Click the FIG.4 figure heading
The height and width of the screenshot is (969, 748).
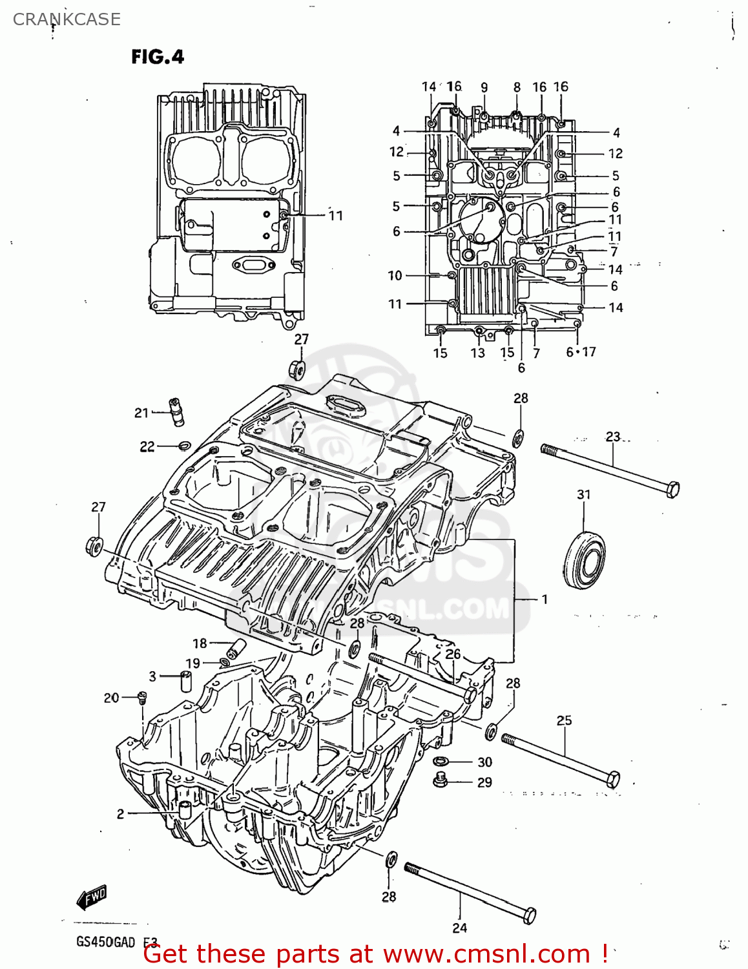click(x=158, y=57)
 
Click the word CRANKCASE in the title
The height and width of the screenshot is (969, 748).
click(x=67, y=19)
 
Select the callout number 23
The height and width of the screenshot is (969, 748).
click(x=612, y=437)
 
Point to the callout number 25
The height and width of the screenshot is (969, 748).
click(x=564, y=720)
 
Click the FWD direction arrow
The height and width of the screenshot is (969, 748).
click(x=91, y=897)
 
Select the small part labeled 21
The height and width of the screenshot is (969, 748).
click(x=176, y=412)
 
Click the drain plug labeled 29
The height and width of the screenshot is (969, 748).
click(x=441, y=781)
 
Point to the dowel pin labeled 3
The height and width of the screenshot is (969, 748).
click(x=187, y=681)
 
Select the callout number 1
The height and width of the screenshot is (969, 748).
click(x=545, y=599)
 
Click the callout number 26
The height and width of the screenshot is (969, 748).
click(x=453, y=654)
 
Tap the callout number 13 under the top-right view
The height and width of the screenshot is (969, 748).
click(x=477, y=353)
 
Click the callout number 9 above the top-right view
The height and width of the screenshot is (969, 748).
click(x=484, y=88)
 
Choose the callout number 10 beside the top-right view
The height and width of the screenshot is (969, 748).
click(x=395, y=276)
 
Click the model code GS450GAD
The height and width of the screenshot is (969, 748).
click(x=106, y=942)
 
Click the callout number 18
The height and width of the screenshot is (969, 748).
click(x=200, y=643)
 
